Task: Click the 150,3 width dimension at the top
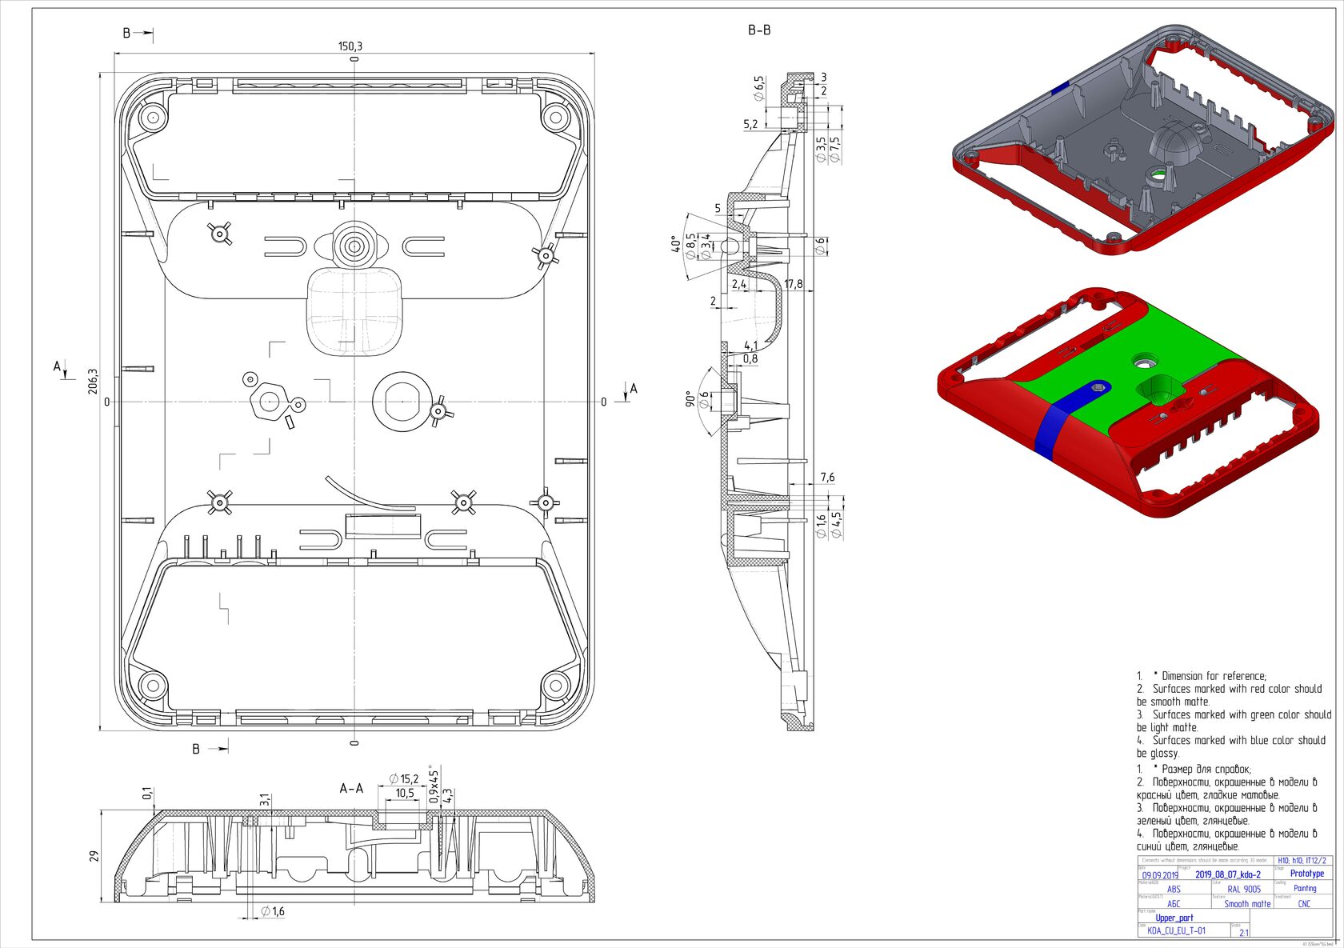(x=350, y=46)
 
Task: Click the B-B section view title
(x=759, y=30)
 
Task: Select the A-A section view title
(x=351, y=789)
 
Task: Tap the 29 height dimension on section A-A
(x=94, y=856)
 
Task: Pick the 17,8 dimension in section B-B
(x=794, y=284)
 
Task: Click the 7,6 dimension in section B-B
(x=827, y=478)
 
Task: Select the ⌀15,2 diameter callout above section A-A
(x=404, y=778)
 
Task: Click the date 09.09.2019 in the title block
(x=1160, y=875)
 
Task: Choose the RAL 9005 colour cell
(x=1244, y=889)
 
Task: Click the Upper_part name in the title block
(x=1174, y=918)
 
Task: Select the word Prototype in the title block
(x=1307, y=874)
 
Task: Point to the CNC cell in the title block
(x=1304, y=904)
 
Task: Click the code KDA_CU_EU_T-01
(x=1176, y=931)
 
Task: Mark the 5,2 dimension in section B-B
(x=750, y=124)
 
